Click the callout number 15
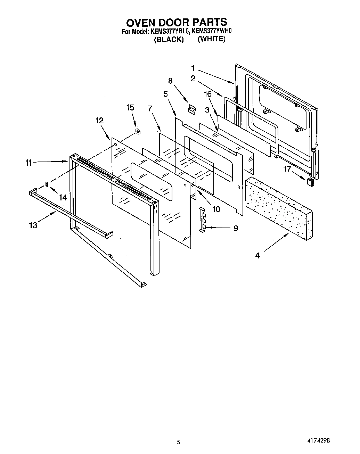(x=130, y=108)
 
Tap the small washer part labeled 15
(x=137, y=131)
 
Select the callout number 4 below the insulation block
(x=257, y=256)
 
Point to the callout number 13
(x=33, y=225)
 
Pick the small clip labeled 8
(x=191, y=109)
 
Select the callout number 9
(x=236, y=228)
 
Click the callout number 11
(x=28, y=162)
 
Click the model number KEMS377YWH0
(x=212, y=31)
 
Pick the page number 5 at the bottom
(x=179, y=442)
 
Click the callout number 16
(x=208, y=94)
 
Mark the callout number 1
(x=193, y=68)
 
